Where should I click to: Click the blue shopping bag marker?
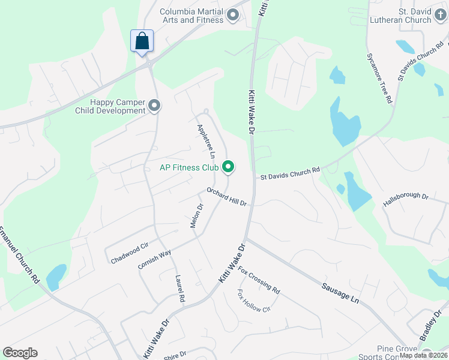coord(142,41)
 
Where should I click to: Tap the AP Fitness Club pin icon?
coord(228,167)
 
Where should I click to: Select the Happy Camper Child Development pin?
coord(154,106)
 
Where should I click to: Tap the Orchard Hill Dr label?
coord(227,196)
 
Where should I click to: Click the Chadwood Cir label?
coord(129,254)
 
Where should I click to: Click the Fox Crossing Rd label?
coord(259,280)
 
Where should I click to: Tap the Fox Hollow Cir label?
coord(255,301)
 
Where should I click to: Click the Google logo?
coord(20,353)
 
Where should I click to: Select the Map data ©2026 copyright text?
coord(423,355)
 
